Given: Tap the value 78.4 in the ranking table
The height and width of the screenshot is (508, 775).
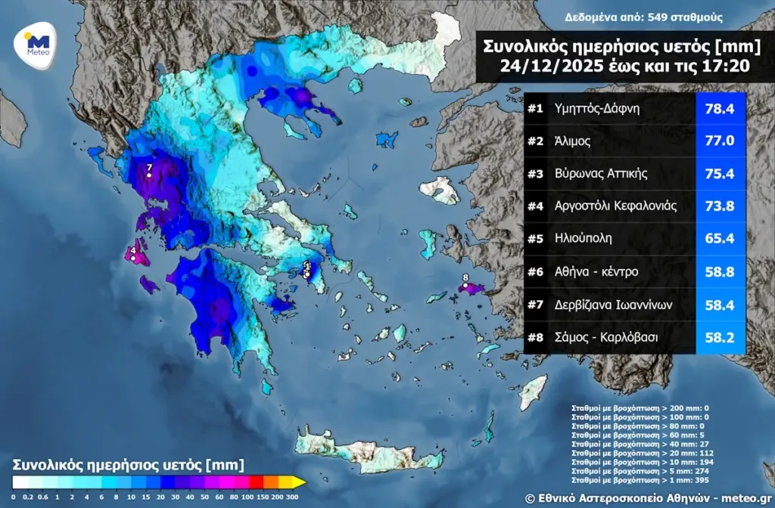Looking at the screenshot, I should coord(720,109).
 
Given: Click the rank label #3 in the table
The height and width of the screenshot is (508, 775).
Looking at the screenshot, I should coord(536,174).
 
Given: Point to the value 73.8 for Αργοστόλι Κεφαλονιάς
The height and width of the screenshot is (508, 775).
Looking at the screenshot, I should coord(720,206).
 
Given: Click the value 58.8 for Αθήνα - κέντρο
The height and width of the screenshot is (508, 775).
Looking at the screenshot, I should coord(720,271).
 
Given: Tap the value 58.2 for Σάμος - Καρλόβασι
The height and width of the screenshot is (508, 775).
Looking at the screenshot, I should coord(720,337).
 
